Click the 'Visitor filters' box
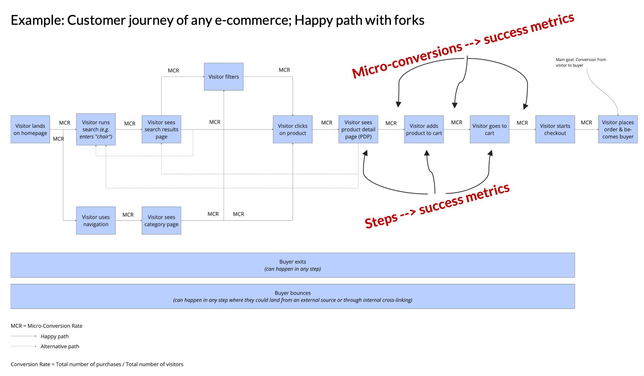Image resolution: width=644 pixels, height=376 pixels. [223, 76]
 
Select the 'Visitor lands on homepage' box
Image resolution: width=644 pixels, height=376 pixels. [30, 129]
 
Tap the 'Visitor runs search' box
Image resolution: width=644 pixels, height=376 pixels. [96, 129]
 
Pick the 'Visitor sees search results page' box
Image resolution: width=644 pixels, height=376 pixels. [161, 129]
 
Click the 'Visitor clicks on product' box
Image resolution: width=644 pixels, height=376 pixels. [292, 129]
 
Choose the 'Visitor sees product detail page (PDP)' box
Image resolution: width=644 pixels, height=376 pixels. [358, 129]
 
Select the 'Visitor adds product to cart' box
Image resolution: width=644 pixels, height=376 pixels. [424, 129]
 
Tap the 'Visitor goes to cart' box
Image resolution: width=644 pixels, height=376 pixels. [489, 129]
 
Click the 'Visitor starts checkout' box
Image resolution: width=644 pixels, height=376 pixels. [555, 129]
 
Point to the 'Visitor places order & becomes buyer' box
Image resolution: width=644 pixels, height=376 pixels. [617, 129]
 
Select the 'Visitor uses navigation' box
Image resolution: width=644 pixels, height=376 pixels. [96, 220]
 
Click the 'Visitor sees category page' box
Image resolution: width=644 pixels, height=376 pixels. [161, 220]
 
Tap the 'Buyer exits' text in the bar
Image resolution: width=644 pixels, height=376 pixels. [293, 262]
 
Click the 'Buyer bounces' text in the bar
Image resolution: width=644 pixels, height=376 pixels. [293, 293]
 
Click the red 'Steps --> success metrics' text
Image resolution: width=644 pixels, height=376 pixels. [437, 206]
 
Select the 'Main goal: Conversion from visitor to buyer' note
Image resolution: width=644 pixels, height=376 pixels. [580, 62]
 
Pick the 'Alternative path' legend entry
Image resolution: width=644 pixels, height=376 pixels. [60, 346]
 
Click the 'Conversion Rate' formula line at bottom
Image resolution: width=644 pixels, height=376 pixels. [97, 364]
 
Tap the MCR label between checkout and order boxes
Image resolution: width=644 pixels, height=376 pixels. [586, 123]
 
